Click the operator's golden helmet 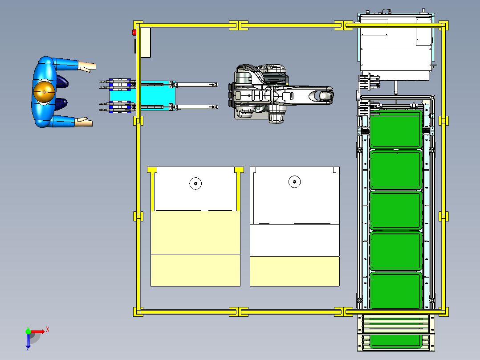pyautogui.click(x=44, y=91)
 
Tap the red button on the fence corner pyautogui.click(x=134, y=33)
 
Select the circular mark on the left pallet pyautogui.click(x=195, y=184)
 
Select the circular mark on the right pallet pyautogui.click(x=294, y=182)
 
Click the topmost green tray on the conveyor pyautogui.click(x=395, y=129)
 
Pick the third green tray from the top pyautogui.click(x=396, y=210)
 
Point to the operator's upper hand pyautogui.click(x=88, y=66)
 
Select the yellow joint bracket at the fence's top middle pyautogui.click(x=239, y=25)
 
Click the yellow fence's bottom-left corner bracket pyautogui.click(x=138, y=312)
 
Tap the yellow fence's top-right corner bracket pyautogui.click(x=443, y=25)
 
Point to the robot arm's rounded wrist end pyautogui.click(x=325, y=96)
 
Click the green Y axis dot pyautogui.click(x=28, y=331)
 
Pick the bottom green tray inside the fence pyautogui.click(x=396, y=290)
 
